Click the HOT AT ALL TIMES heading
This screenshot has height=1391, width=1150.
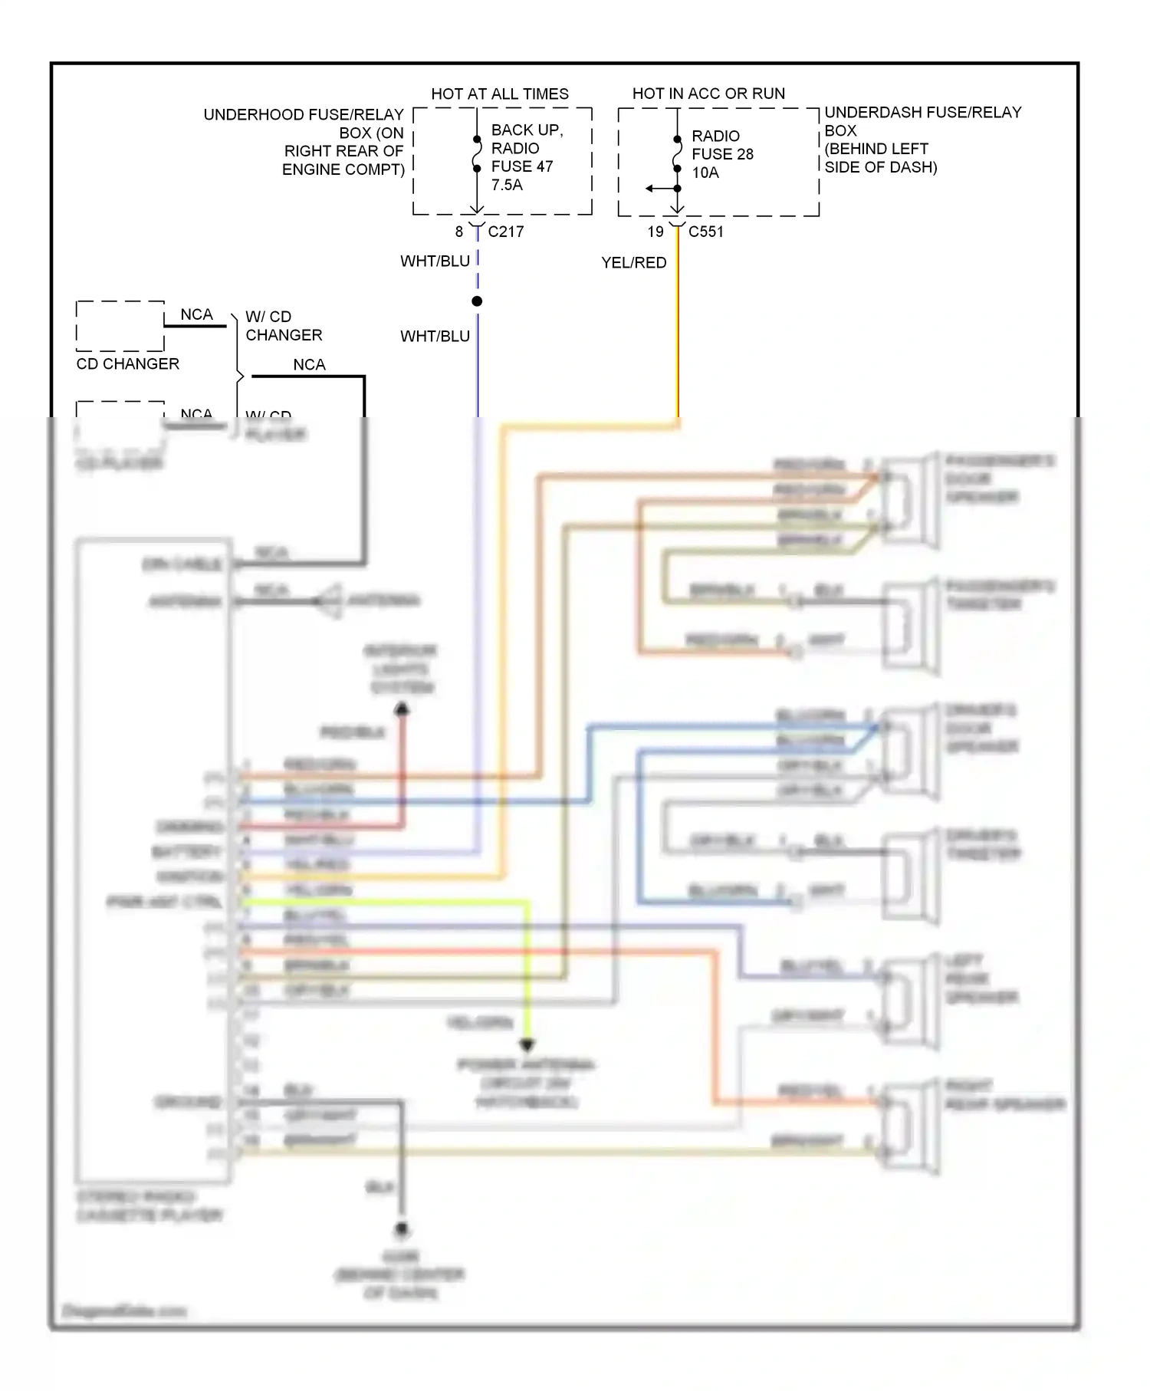(499, 94)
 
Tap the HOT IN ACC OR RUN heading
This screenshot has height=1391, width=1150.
(708, 94)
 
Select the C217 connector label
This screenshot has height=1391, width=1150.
(505, 232)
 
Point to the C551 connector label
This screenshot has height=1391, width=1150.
(705, 232)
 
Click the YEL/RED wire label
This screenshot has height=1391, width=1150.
(633, 262)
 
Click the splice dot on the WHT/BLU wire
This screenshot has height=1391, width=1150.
(477, 301)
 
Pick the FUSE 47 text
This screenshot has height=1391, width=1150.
(521, 166)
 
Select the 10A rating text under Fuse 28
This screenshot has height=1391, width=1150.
(705, 173)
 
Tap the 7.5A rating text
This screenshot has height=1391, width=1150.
(506, 185)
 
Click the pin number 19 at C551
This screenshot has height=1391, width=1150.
(655, 232)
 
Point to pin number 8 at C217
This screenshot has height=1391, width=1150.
(458, 232)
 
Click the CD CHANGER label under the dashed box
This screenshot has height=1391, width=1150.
(127, 363)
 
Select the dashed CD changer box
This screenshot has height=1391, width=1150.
(120, 326)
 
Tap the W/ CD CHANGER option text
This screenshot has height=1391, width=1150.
(283, 326)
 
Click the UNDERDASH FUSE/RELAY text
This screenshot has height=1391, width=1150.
(922, 113)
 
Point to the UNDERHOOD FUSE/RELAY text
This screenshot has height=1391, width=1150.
(303, 115)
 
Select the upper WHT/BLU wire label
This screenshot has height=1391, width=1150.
(435, 261)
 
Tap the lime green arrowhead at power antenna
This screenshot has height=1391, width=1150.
(527, 1044)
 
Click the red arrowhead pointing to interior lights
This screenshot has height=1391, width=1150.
(402, 709)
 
